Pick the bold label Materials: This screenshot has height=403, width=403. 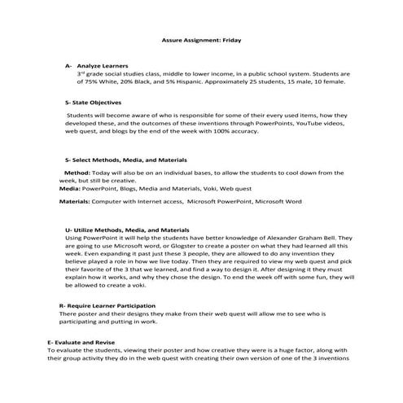pyautogui.click(x=74, y=200)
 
